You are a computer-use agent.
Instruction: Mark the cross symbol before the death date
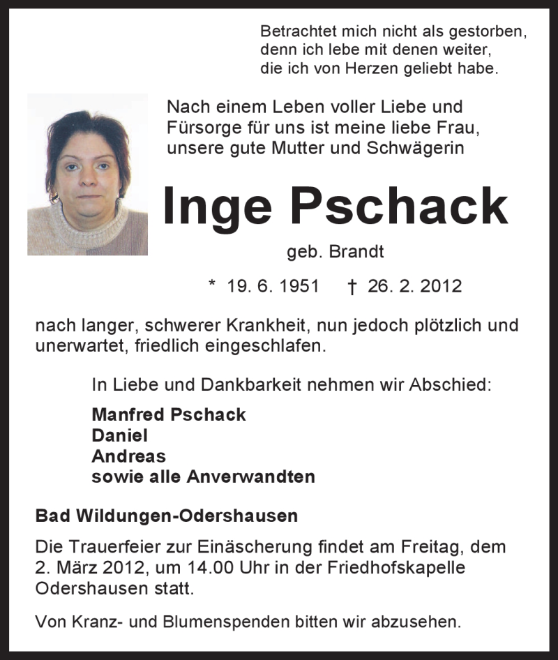tap(352, 286)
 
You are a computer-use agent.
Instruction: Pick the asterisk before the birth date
tap(212, 285)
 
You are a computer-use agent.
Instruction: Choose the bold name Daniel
tap(119, 435)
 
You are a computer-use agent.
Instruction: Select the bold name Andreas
tap(128, 456)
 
